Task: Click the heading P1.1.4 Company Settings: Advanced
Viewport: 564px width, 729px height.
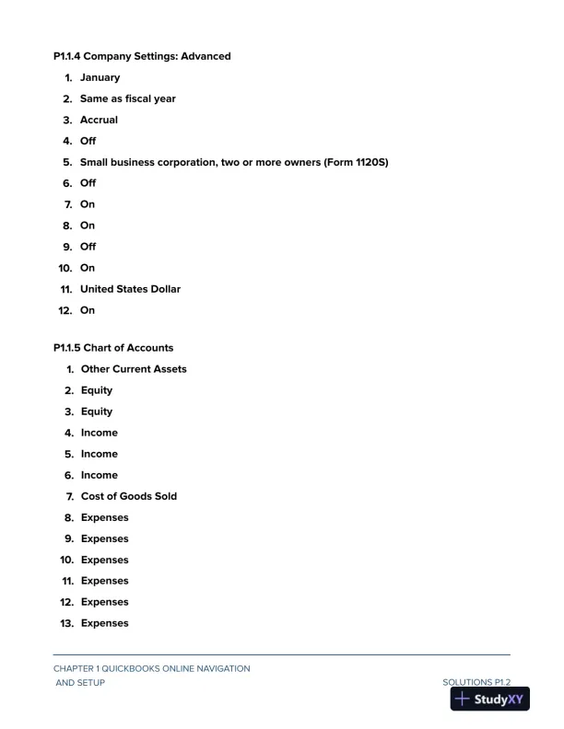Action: point(142,56)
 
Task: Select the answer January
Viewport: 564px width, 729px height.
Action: point(100,77)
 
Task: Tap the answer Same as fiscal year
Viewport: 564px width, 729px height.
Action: point(127,98)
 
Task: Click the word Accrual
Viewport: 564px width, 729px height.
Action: point(99,120)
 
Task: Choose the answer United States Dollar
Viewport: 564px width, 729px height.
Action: point(130,289)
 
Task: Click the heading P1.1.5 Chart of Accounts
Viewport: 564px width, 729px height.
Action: point(113,348)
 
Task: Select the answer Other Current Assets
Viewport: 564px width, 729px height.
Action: point(134,369)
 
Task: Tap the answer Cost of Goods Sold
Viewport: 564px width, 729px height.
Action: point(129,496)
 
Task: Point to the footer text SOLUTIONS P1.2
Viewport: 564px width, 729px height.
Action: point(476,683)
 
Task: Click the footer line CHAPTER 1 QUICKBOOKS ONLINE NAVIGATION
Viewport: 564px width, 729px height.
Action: point(151,668)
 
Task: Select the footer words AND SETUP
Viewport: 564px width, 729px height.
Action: point(80,683)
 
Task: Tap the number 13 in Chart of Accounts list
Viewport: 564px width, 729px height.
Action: point(66,623)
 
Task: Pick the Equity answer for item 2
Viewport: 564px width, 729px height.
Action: point(97,390)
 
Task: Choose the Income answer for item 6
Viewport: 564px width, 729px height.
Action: point(100,475)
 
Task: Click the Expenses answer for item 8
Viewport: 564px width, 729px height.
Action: point(105,517)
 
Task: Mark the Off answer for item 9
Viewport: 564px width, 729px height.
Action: point(88,247)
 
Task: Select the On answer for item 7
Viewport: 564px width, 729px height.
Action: point(88,204)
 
